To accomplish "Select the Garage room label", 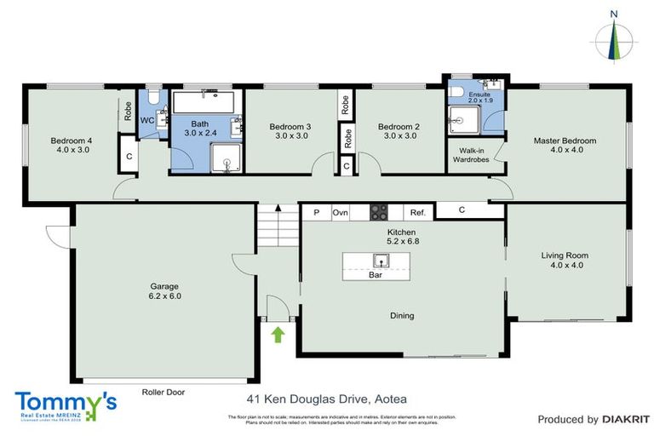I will tap(165, 291).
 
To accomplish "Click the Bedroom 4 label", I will tap(70, 145).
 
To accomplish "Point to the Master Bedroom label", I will tap(565, 145).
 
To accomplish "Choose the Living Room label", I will tap(565, 260).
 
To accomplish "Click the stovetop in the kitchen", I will tap(378, 213).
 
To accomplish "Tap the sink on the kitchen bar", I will tap(375, 261).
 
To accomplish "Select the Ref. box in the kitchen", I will tap(417, 213).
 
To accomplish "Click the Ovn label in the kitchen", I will tap(341, 213).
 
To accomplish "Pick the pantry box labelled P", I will tap(315, 213).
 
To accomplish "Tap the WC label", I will tap(146, 120).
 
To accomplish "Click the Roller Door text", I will tap(163, 393).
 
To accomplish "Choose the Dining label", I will tap(402, 316).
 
